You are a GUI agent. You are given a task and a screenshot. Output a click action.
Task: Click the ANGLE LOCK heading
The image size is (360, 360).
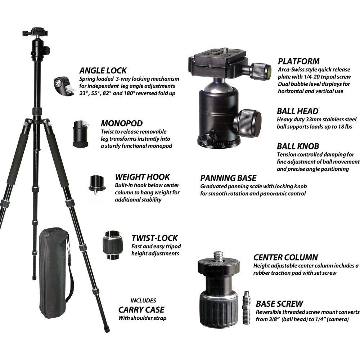[103, 71]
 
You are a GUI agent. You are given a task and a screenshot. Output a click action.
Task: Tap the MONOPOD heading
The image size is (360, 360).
[122, 123]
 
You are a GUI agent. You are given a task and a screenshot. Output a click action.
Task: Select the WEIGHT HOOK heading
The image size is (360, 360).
[143, 177]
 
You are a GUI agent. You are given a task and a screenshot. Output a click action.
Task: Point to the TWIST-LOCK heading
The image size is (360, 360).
[154, 238]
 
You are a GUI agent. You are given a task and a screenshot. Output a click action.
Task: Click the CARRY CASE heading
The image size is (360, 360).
[141, 310]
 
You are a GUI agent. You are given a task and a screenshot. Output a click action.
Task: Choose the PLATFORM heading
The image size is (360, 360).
[298, 61]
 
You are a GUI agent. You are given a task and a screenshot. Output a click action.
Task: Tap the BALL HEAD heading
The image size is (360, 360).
[298, 111]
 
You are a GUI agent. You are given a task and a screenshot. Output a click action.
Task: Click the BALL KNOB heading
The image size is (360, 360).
[298, 146]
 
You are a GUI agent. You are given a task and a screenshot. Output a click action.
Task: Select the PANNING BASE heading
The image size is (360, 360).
[228, 178]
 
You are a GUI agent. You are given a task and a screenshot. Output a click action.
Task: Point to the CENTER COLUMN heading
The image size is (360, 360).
[285, 257]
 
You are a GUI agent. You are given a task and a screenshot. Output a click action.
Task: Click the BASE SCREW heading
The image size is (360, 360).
[279, 303]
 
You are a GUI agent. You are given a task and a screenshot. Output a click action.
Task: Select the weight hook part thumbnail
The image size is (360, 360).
[97, 184]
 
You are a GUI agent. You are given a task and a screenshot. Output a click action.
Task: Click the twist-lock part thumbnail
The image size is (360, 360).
[112, 245]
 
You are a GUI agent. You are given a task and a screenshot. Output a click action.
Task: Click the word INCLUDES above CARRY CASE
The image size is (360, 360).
[143, 300]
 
